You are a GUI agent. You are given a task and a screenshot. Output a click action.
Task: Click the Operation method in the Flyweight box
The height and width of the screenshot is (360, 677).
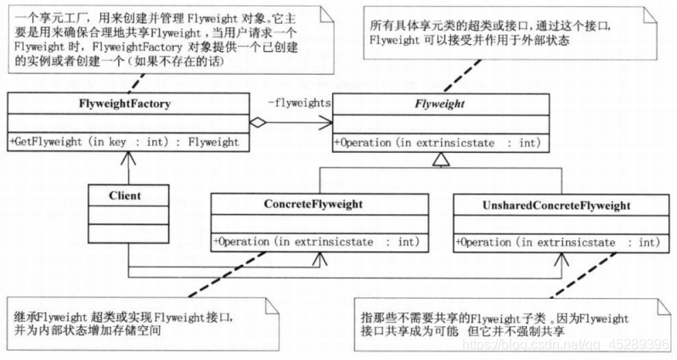click(x=437, y=143)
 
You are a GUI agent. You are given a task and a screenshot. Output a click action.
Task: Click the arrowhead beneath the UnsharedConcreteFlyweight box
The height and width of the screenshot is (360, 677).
click(x=561, y=257)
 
